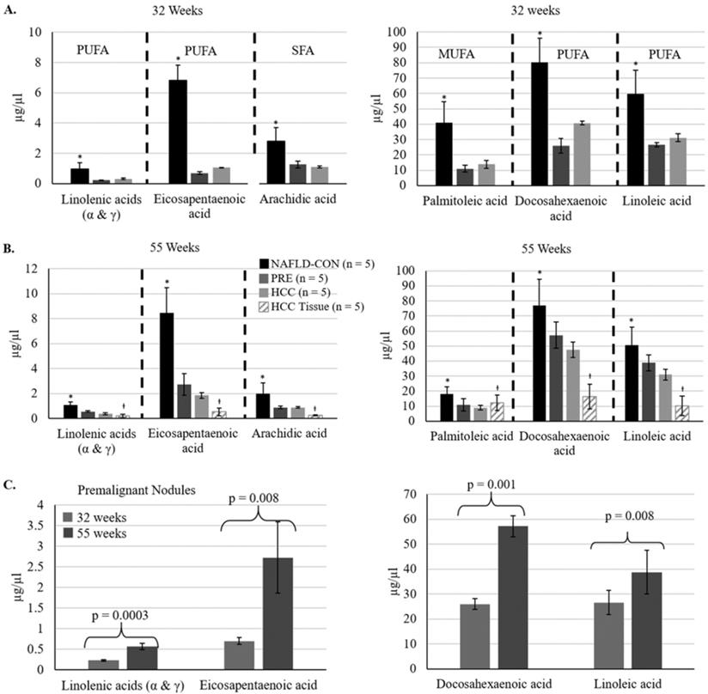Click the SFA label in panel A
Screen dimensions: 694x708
(284, 52)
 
